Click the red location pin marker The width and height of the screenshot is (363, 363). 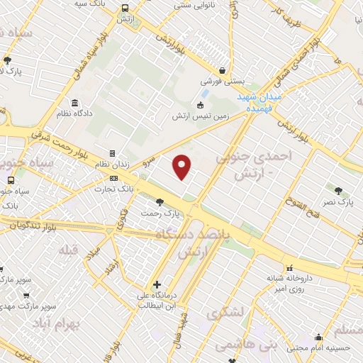tap(182, 166)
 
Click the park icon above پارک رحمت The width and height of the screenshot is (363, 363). tap(159, 201)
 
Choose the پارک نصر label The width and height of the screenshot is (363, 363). tap(339, 202)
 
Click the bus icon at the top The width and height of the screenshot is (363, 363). tap(125, 8)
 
